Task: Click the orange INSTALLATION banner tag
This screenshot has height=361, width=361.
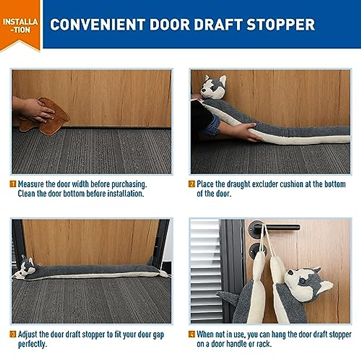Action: coord(20,25)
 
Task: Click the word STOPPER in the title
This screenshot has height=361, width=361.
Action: coord(280,25)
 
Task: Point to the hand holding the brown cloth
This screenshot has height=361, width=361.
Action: coord(33,110)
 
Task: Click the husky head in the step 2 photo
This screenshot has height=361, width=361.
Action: coord(213,87)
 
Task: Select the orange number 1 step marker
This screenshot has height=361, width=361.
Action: coord(13,184)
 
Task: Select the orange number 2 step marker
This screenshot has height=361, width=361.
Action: coord(192,184)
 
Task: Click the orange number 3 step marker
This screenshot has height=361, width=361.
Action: coord(13,334)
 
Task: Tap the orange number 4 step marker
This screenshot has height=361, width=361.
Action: coord(192,334)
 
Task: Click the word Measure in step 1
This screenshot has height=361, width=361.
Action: coord(31,184)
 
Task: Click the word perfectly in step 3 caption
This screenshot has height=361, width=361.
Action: coord(32,344)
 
